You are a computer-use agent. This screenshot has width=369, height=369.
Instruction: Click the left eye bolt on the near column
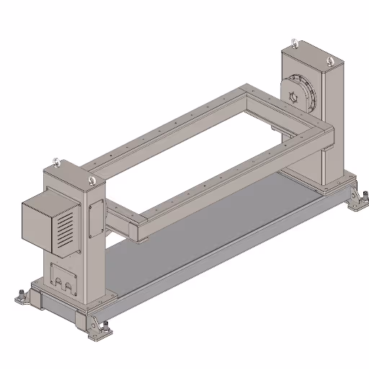tap(56, 161)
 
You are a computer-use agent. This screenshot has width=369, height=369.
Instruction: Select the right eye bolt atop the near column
tap(91, 180)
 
